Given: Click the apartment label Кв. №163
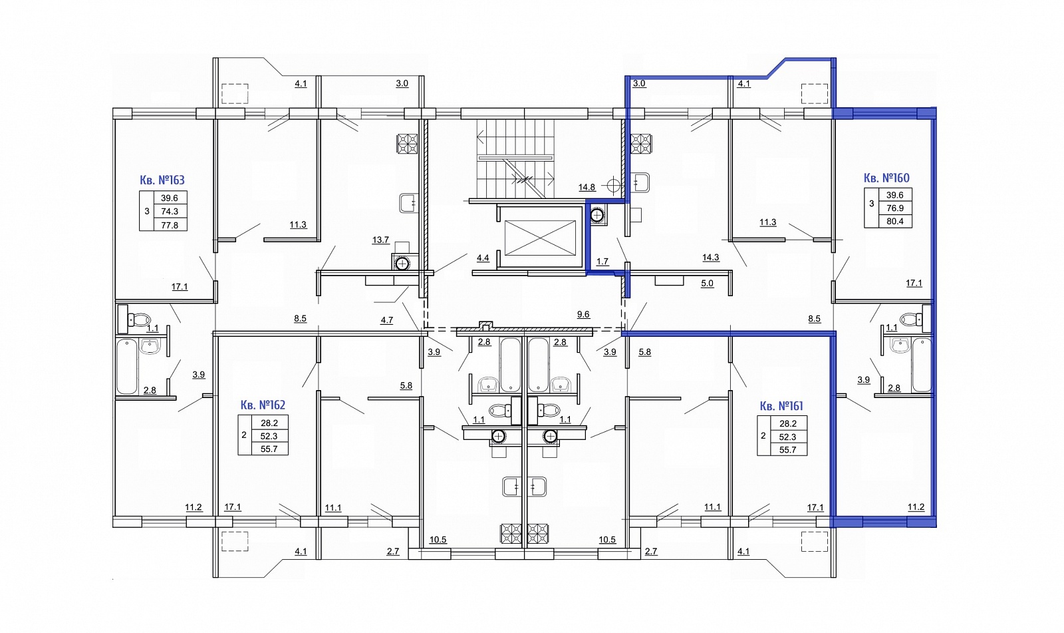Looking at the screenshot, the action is (162, 180).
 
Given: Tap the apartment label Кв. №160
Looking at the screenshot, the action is (886, 178).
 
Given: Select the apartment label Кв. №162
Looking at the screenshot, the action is (263, 405).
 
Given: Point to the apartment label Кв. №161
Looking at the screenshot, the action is (781, 406).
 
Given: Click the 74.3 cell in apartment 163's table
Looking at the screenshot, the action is (170, 211).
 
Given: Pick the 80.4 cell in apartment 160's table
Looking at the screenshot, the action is (895, 221).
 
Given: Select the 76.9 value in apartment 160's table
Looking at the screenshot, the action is (895, 208).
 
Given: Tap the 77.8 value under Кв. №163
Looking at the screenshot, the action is (170, 225).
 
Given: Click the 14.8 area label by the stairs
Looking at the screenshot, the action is (587, 188).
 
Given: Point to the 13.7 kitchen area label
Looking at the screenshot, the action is (380, 240).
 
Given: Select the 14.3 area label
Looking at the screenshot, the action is (711, 258).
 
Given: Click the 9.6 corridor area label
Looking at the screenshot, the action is (583, 314).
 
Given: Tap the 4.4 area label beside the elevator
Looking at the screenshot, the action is (483, 258).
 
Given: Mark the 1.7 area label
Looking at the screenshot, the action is (602, 262).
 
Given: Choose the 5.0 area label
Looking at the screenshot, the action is (708, 284).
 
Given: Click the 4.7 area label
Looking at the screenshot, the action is (386, 320).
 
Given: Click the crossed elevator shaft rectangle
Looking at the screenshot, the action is (539, 238).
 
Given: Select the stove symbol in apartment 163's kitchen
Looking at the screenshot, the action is (407, 144).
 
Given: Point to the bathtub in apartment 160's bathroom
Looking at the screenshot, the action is (922, 365).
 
